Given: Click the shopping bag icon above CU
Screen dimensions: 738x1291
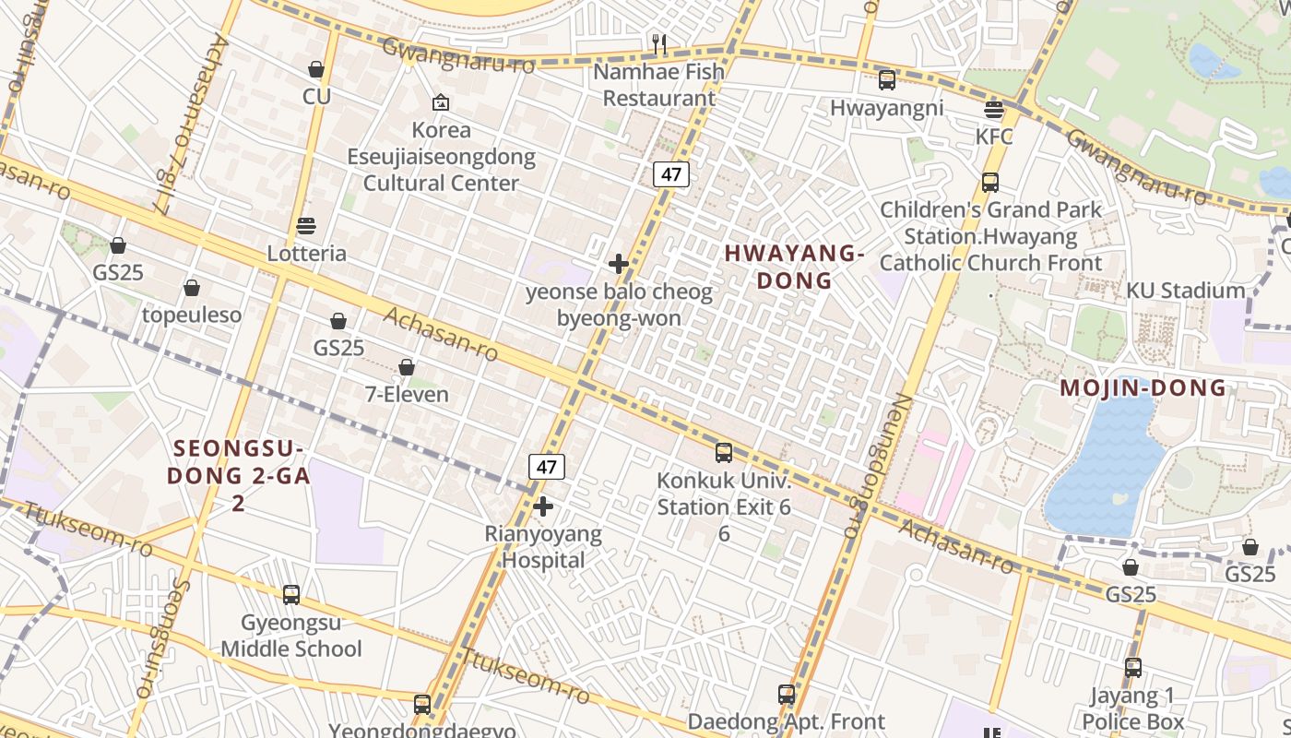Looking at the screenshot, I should (316, 69).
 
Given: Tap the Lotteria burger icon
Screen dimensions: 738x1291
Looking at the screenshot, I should (306, 226).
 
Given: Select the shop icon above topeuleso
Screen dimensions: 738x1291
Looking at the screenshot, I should (192, 288).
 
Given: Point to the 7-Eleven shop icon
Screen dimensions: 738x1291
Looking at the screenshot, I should (407, 367).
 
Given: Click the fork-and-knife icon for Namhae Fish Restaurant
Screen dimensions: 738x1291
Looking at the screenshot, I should (658, 43).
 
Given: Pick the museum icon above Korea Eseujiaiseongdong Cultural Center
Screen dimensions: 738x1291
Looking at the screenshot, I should (441, 102).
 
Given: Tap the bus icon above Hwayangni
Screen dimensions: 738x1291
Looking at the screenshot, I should (886, 80).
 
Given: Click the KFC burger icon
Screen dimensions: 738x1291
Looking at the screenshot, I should (993, 110).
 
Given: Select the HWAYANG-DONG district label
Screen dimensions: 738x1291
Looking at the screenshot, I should (794, 267).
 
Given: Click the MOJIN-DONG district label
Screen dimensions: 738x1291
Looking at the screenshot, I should (1143, 388).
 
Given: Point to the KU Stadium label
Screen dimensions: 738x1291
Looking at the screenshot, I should (1185, 291).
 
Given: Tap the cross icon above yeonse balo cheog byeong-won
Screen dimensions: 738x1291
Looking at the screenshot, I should (619, 265).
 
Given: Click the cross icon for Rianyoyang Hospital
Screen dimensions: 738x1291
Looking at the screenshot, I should (543, 506).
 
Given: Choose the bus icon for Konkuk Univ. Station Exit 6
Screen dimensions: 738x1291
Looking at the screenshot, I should (724, 453).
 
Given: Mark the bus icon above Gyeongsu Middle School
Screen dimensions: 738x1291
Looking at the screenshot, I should (291, 595).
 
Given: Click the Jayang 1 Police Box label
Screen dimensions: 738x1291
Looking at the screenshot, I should (1132, 708).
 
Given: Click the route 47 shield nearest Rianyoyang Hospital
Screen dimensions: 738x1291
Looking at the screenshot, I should (547, 467).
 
